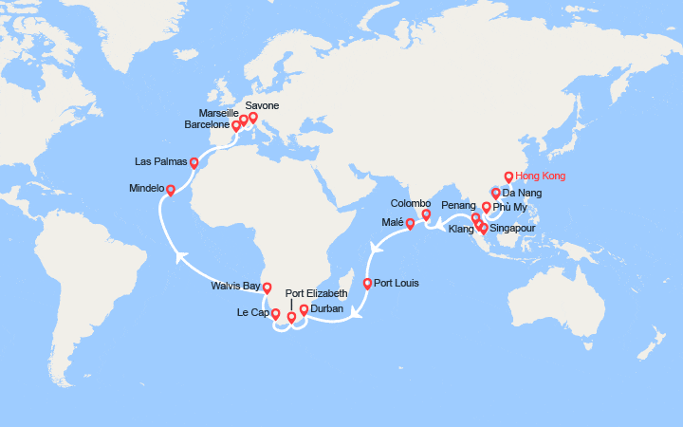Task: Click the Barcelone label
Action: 207,124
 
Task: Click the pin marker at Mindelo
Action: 171,190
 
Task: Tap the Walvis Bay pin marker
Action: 267,288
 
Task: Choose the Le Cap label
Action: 253,312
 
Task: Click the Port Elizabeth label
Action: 317,293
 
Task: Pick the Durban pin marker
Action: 304,309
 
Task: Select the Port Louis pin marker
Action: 367,284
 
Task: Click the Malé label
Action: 392,222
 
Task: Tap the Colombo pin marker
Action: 426,214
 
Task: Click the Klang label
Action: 461,230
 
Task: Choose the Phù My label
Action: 510,208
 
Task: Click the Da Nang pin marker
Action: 495,194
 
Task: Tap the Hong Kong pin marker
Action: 508,176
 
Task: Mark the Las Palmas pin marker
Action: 194,162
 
